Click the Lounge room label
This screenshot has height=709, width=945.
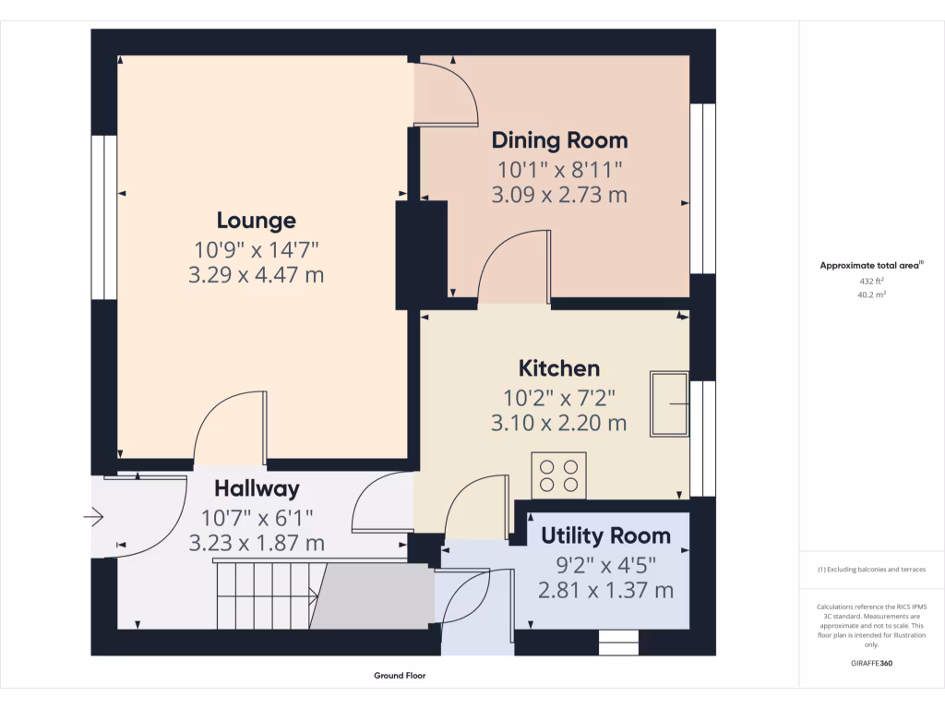(257, 221)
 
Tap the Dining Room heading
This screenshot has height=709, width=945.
(560, 140)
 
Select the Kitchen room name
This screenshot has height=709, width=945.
(559, 368)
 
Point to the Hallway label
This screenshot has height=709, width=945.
(257, 489)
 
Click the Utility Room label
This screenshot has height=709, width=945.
(605, 535)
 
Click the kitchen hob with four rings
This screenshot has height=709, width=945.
(558, 475)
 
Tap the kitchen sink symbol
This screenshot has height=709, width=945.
(669, 404)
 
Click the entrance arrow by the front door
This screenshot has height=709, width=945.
(93, 517)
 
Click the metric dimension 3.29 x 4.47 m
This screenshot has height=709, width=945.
(257, 275)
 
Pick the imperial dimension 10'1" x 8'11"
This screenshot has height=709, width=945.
(559, 170)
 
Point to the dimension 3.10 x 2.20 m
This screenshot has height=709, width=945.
(558, 423)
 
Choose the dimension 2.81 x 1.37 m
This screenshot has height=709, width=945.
(605, 590)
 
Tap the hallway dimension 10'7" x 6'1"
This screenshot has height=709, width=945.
(257, 518)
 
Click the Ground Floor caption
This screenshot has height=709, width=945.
(400, 675)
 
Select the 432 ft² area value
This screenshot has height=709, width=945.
(871, 281)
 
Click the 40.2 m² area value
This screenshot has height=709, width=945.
(871, 294)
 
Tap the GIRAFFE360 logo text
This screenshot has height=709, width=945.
(871, 663)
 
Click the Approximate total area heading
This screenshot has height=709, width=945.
(871, 265)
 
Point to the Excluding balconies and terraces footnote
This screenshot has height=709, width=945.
(871, 569)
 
